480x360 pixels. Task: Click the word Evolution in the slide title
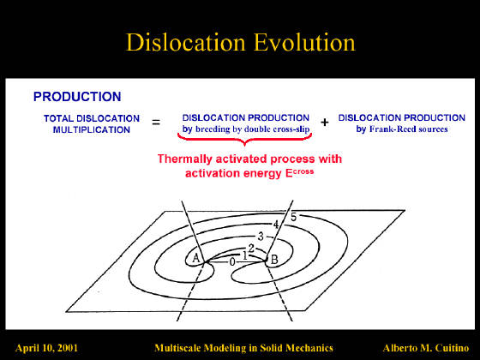304,43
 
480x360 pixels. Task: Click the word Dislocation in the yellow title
186,43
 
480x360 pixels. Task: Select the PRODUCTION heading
77,97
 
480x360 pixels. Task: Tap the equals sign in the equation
156,123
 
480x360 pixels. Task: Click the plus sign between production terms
325,123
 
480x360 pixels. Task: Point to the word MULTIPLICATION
92,129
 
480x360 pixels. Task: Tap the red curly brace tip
244,145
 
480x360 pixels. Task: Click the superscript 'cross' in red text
303,171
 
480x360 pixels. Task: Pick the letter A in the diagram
196,258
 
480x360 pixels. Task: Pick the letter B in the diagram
274,260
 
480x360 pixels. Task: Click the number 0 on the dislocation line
232,262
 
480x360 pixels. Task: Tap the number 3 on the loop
261,237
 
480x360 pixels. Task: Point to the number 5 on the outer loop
293,217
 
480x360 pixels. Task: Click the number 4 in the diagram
276,225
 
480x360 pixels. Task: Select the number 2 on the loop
251,249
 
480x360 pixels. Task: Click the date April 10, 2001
46,348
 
